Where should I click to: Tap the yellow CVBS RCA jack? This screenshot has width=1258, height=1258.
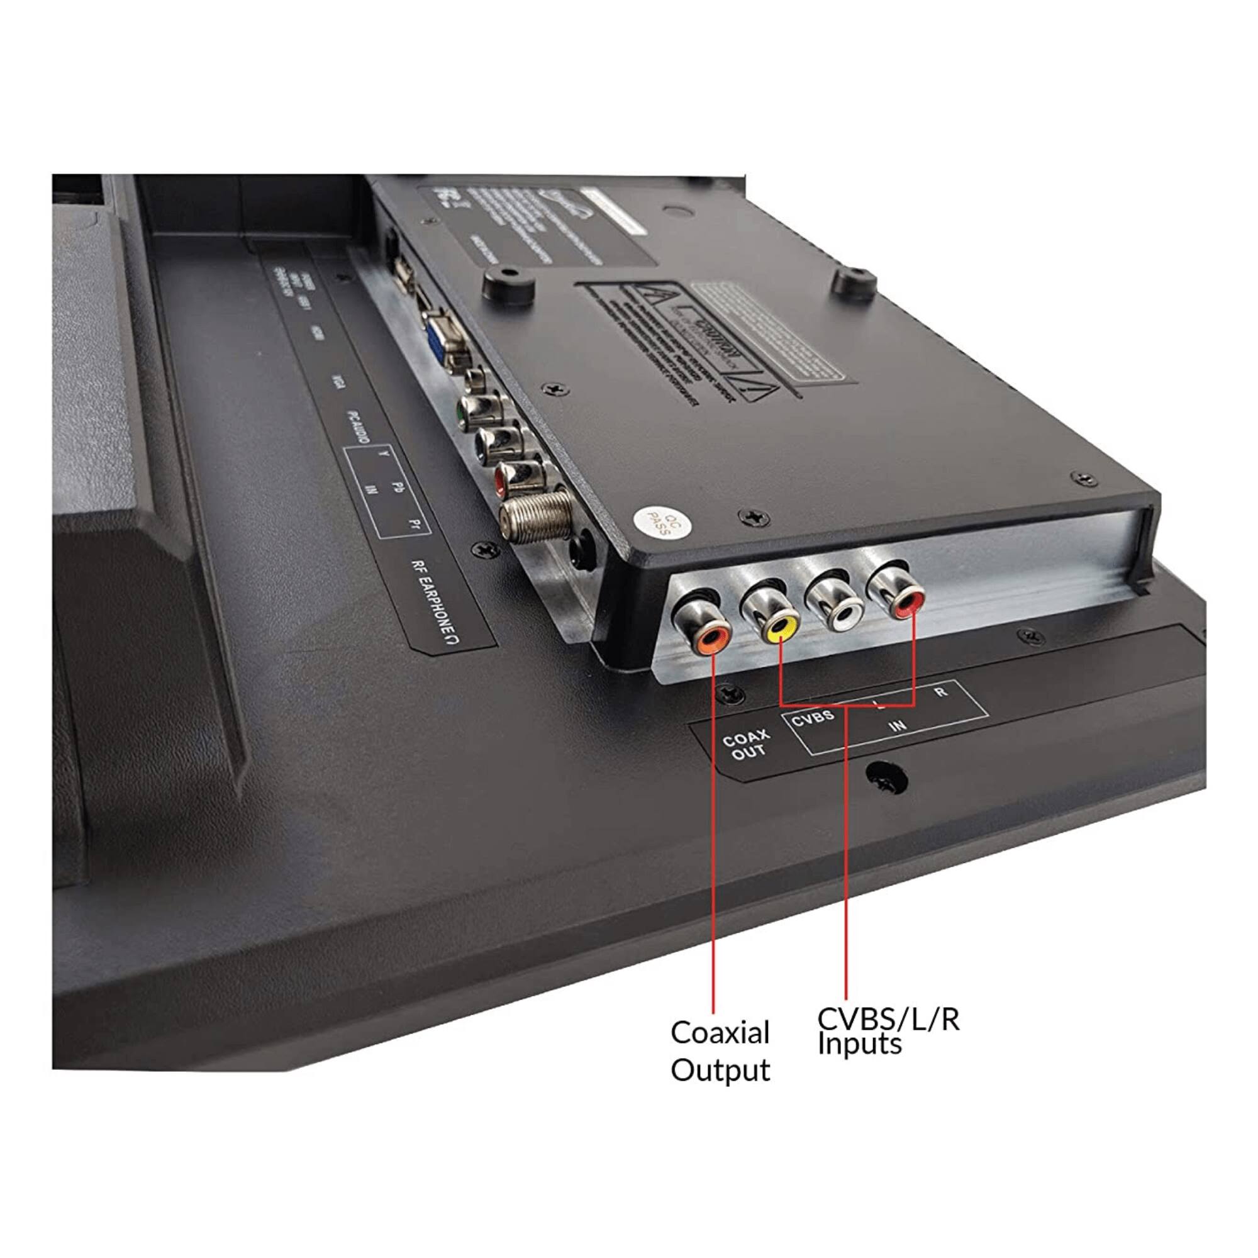coord(780,628)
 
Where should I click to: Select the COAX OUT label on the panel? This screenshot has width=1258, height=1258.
coord(745,745)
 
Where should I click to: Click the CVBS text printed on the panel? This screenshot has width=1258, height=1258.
coord(813,718)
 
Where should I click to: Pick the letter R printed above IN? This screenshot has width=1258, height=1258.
coord(940,693)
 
